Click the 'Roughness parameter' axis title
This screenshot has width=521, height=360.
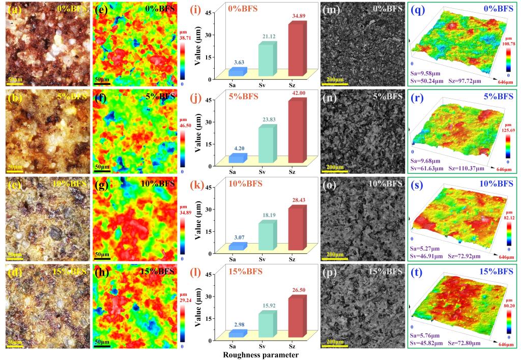(x=260, y=354)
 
